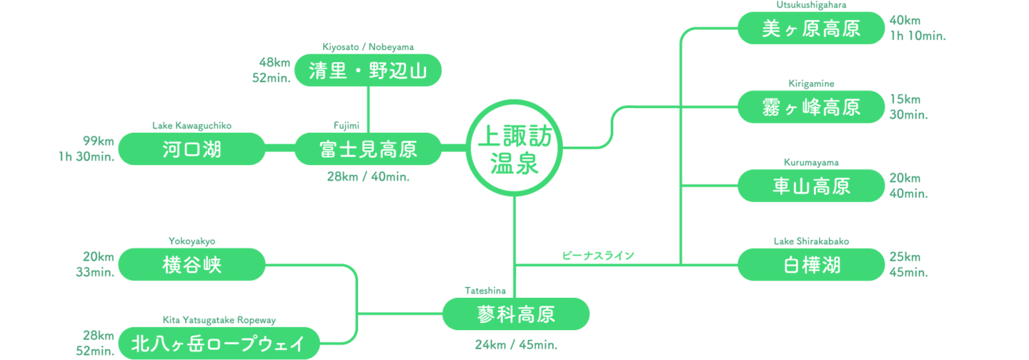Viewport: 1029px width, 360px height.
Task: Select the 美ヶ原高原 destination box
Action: pos(810,29)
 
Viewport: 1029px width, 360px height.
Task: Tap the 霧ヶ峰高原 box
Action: pos(810,107)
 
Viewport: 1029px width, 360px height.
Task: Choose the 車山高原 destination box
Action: pos(810,186)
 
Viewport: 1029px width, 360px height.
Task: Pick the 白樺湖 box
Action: pos(810,264)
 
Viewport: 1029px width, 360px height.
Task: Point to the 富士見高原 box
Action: pos(368,149)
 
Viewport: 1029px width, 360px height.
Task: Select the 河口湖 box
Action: pos(192,149)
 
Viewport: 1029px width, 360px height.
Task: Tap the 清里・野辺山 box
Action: pos(368,71)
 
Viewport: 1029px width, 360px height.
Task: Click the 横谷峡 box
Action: pos(192,264)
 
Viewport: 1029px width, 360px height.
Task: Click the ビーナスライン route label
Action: pos(598,255)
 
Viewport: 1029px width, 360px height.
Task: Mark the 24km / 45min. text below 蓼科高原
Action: pos(516,345)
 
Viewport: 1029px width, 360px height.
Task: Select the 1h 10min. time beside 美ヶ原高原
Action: pos(918,36)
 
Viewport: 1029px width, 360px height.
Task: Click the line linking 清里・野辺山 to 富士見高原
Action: pos(368,109)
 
